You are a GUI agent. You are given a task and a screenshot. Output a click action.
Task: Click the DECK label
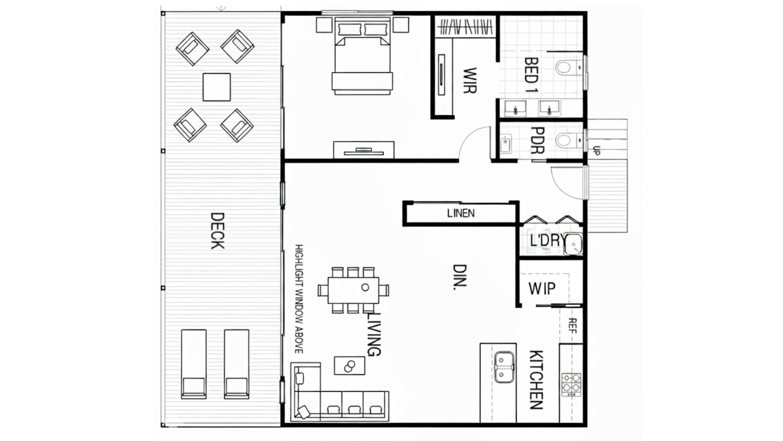click(216, 231)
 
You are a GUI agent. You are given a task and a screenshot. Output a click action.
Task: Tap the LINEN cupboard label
click(461, 213)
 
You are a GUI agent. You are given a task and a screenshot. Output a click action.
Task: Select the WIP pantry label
click(542, 289)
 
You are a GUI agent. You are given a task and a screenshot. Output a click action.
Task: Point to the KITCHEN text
click(536, 380)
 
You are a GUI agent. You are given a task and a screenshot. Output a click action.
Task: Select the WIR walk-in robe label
click(470, 80)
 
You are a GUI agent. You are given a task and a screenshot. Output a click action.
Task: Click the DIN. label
click(459, 278)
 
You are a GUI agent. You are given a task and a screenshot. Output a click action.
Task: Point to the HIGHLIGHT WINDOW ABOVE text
click(299, 299)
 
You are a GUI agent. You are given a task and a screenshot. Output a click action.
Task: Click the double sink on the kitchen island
click(504, 367)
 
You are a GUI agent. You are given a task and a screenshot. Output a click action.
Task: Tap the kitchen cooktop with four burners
click(571, 384)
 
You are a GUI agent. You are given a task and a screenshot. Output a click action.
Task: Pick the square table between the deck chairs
click(216, 87)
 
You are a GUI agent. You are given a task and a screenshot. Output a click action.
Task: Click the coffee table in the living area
click(350, 365)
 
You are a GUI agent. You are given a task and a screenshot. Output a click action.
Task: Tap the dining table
click(353, 290)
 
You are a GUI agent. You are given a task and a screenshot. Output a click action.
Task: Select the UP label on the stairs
click(596, 151)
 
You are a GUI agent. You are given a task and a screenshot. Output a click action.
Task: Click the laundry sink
click(573, 244)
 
